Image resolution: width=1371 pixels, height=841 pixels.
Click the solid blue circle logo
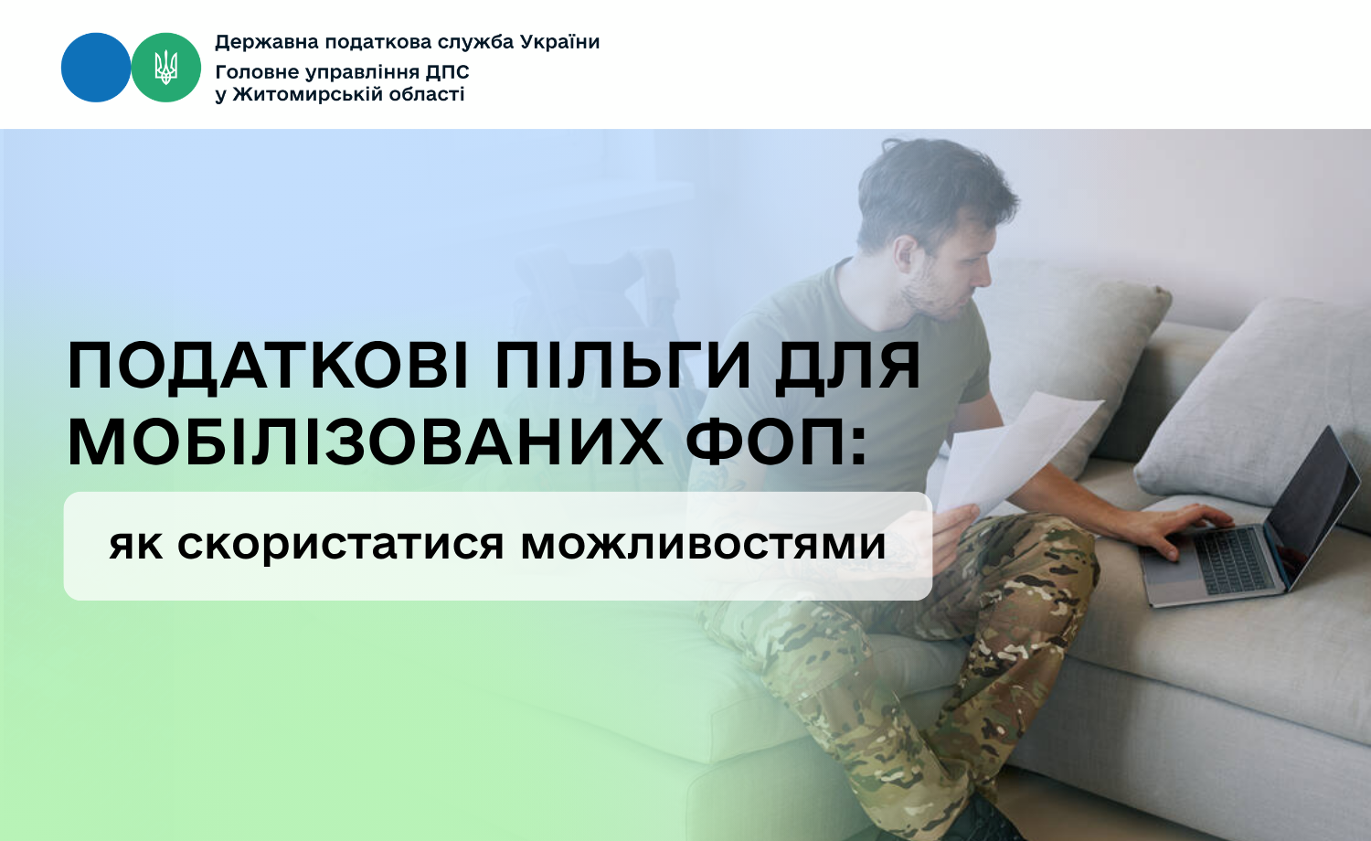point(96,68)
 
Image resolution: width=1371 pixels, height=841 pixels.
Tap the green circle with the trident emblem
point(165,68)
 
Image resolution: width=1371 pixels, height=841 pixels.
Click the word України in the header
point(560,42)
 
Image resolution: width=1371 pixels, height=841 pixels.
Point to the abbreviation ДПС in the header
point(448,72)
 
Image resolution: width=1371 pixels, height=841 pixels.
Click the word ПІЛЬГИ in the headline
point(622,365)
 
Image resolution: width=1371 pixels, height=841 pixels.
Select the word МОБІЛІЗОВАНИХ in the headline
point(365,442)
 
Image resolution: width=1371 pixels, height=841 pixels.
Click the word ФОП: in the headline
point(776,442)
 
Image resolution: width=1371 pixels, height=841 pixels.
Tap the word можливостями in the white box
point(703,544)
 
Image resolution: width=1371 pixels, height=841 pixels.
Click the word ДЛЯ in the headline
point(847,366)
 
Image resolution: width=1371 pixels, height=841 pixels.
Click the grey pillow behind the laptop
point(1249,403)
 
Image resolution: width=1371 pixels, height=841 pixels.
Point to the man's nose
point(983,272)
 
